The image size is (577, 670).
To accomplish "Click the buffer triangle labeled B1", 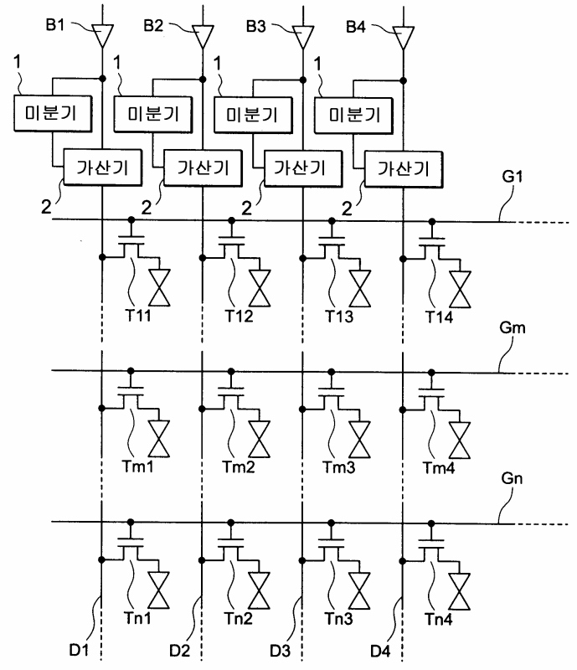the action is click(102, 35).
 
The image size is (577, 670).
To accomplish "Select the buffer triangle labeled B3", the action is click(303, 36).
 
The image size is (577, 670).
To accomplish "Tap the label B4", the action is click(356, 27).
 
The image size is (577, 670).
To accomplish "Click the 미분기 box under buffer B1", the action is click(53, 113).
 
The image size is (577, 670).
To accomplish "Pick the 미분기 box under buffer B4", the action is click(353, 116).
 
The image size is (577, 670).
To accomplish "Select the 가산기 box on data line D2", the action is click(203, 168).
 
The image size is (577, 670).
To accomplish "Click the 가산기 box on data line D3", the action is click(303, 169).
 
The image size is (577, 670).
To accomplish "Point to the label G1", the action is click(512, 176).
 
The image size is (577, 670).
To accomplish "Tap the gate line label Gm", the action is click(512, 327).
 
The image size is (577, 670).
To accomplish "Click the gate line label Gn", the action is click(512, 478).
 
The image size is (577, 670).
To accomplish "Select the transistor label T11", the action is click(137, 316).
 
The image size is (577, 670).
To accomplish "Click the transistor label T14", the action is click(439, 317).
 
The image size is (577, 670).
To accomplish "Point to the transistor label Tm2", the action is click(239, 466).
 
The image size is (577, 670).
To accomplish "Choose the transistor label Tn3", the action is click(338, 618).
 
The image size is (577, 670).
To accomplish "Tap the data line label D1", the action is click(79, 650).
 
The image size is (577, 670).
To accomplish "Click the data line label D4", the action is click(380, 652).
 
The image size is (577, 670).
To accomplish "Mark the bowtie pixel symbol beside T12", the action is click(260, 288).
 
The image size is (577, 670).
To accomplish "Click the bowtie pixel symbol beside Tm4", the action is click(460, 441).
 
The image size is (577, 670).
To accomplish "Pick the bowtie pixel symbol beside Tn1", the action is click(159, 590).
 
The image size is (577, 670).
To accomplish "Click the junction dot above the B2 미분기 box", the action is click(203, 80).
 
